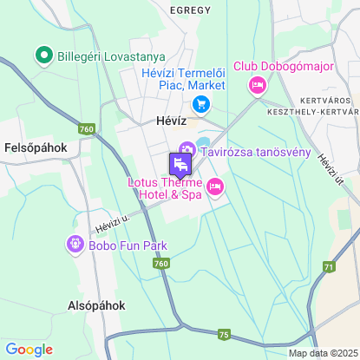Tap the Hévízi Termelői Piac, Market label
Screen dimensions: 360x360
[x=184, y=79]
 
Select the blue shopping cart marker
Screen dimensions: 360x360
[x=201, y=105]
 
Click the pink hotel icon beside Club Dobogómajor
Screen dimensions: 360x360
[x=257, y=85]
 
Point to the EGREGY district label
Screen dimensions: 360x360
[x=191, y=10]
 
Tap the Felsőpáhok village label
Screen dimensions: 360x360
[x=35, y=147]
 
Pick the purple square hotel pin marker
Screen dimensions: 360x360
[x=180, y=164]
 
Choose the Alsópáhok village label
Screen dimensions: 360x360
[x=97, y=305]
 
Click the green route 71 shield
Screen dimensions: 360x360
[x=329, y=266]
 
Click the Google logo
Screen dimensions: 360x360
[x=29, y=349]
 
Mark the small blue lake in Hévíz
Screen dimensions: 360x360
[x=204, y=142]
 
